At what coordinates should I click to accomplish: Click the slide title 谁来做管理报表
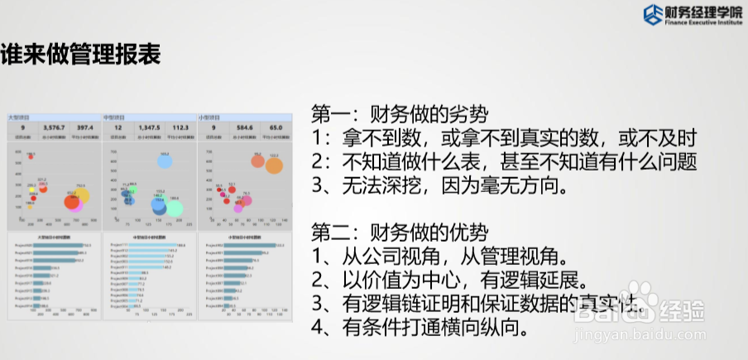(80, 55)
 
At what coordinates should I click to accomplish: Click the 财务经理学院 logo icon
(653, 15)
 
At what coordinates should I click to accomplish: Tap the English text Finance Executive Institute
(693, 24)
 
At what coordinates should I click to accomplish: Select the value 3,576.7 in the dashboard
(53, 128)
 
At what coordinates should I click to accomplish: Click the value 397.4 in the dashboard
(84, 128)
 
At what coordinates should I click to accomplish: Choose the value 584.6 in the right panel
(244, 128)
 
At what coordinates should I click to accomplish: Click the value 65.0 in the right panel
(276, 128)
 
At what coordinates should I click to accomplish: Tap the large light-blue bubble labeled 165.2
(164, 162)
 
